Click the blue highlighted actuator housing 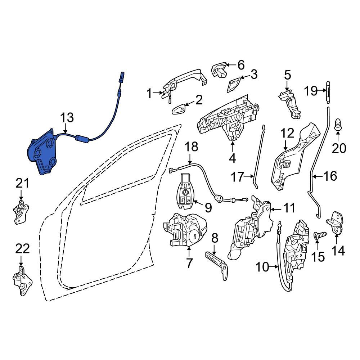(x=42, y=153)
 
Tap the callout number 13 (x=67, y=118)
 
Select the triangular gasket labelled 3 (x=234, y=85)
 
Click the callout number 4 (x=232, y=159)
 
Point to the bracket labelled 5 (x=290, y=104)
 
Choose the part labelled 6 (x=219, y=69)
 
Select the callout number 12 (x=287, y=134)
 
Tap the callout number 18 (x=191, y=147)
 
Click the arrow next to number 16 (x=318, y=176)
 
